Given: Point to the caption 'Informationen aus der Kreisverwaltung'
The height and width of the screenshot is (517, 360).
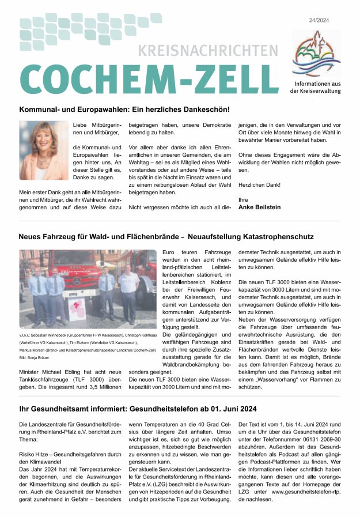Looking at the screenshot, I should point(315,87).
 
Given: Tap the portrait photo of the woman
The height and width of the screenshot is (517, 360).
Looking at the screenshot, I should point(43,150).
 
